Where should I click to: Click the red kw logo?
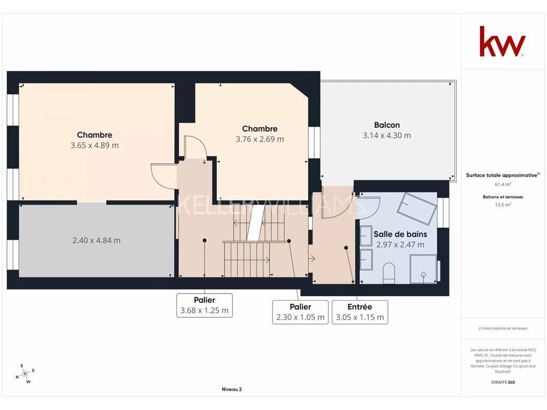(502, 41)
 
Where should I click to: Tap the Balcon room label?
(387, 125)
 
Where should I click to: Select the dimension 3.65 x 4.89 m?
(95, 145)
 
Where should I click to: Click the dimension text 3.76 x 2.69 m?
(260, 139)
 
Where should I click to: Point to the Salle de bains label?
(401, 234)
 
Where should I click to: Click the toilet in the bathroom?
(389, 273)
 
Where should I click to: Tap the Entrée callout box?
(360, 312)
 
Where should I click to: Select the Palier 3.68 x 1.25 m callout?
(205, 305)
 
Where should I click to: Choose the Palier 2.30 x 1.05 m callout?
(300, 312)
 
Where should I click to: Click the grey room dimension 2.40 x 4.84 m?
(97, 240)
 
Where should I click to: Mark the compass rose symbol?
(25, 374)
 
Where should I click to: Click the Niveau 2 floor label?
(232, 389)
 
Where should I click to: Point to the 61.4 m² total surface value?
(503, 184)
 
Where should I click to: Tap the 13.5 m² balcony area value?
(503, 204)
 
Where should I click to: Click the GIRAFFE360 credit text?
(503, 382)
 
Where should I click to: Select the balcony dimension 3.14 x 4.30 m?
(387, 136)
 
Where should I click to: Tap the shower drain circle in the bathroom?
(424, 275)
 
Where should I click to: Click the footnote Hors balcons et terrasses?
(503, 328)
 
